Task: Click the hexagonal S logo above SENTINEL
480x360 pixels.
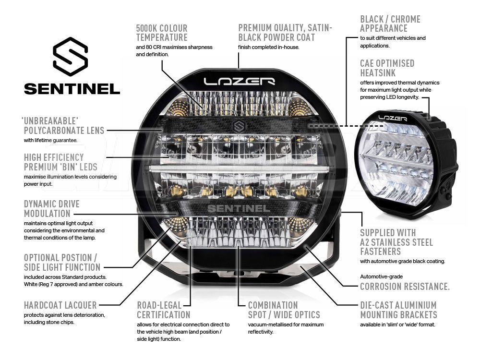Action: tap(71, 57)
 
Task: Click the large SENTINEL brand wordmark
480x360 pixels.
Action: tap(72, 89)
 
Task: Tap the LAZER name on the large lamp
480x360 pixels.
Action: tap(240, 82)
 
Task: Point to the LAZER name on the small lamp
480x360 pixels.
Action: tap(393, 118)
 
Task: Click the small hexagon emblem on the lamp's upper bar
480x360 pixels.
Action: tap(239, 126)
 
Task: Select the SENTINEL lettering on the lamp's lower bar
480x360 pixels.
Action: tap(239, 208)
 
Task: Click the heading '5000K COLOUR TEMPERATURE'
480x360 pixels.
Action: tap(162, 33)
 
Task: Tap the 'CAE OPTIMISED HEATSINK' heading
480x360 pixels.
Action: tap(387, 68)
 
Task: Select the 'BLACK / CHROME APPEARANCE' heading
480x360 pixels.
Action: tap(390, 24)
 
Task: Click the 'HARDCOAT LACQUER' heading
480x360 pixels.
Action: tap(60, 305)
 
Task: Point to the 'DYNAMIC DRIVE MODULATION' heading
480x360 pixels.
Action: tap(52, 209)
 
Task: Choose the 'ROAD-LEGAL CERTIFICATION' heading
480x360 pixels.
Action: tap(164, 310)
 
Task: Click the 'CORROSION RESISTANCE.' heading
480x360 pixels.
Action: tap(405, 287)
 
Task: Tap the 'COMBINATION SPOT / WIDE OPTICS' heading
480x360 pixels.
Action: tap(284, 310)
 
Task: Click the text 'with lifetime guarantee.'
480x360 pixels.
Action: tap(50, 140)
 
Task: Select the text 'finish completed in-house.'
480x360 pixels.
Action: tap(269, 47)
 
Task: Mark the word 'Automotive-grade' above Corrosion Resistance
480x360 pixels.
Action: tap(382, 276)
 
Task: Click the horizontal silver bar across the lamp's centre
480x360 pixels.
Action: tap(240, 168)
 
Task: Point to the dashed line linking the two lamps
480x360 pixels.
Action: tap(346, 125)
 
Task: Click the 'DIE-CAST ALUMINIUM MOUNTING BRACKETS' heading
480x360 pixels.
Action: tap(398, 310)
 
